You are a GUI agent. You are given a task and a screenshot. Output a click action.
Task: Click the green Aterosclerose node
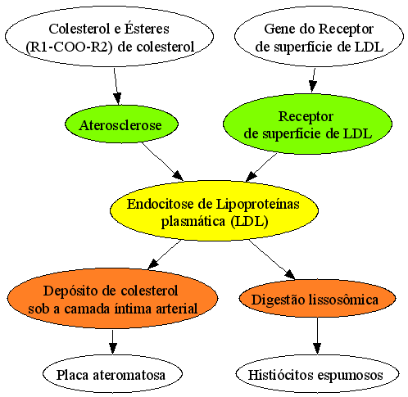[121, 124]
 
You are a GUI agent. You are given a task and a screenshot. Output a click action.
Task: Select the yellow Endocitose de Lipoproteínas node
[214, 210]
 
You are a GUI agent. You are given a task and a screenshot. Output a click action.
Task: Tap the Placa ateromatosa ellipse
[112, 374]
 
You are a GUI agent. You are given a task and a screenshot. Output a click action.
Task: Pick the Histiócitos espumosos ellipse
[317, 374]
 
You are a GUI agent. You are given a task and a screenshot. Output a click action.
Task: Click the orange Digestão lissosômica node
[317, 299]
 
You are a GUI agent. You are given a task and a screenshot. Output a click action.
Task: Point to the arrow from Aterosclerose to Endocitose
[162, 161]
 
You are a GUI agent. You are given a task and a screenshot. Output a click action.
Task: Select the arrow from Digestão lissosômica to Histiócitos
[317, 336]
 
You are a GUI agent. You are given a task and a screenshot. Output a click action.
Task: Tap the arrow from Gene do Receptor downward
[314, 80]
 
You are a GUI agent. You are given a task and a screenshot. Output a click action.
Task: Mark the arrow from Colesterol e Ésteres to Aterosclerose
[116, 86]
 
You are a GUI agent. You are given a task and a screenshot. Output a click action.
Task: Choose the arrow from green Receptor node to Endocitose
[261, 167]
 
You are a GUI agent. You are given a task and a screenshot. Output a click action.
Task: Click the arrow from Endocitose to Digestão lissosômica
[272, 259]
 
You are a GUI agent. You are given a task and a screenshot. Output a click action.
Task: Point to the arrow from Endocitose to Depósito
[164, 255]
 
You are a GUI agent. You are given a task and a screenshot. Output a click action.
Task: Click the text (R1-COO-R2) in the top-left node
[69, 47]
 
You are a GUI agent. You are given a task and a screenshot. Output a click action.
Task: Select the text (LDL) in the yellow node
[249, 221]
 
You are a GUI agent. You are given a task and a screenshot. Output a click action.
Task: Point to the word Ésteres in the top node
[147, 29]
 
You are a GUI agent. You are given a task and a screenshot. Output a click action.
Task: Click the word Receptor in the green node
[306, 117]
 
